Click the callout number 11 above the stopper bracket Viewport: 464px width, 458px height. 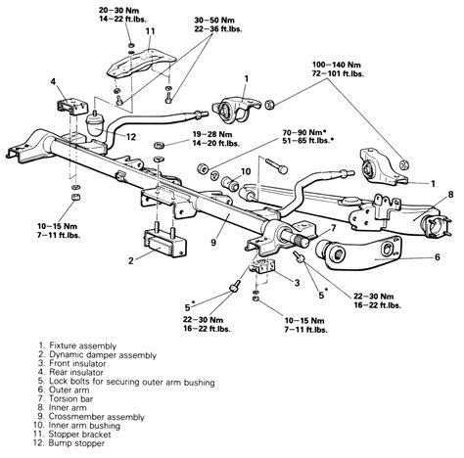(150, 31)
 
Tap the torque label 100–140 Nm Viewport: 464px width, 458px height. (337, 65)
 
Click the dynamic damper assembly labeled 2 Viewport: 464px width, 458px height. (164, 242)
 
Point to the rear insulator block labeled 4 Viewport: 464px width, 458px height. (72, 107)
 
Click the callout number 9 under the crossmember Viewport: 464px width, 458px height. (213, 243)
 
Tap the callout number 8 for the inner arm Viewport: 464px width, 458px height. (450, 195)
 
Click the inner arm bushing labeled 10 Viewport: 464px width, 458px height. (229, 183)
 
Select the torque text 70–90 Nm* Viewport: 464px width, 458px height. (304, 132)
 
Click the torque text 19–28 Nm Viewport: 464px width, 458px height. (212, 134)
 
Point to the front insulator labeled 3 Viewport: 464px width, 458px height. (262, 265)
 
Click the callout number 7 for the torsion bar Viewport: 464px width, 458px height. (333, 228)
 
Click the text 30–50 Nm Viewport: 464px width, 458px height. (214, 20)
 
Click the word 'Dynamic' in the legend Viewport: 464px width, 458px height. (63, 355)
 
